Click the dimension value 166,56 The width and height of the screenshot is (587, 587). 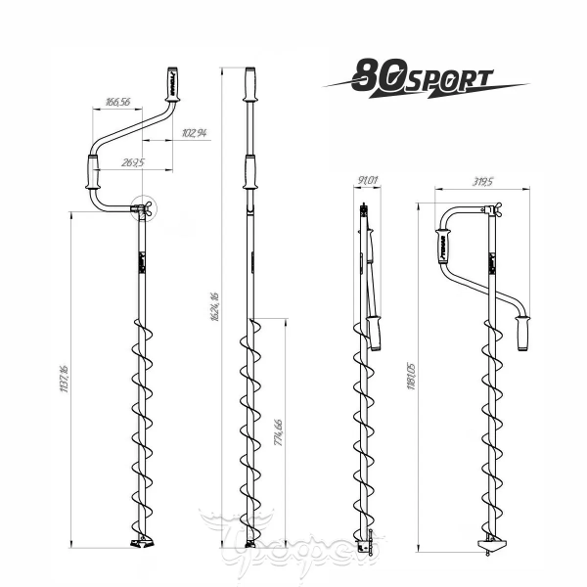pos(116,102)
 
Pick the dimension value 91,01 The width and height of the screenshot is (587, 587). pos(368,180)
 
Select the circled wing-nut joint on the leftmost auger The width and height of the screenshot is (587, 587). pos(144,209)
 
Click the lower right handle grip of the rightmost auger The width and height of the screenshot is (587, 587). pos(524,334)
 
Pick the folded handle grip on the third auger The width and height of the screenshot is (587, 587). pos(374,332)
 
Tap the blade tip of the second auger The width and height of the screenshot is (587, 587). pos(249,543)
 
